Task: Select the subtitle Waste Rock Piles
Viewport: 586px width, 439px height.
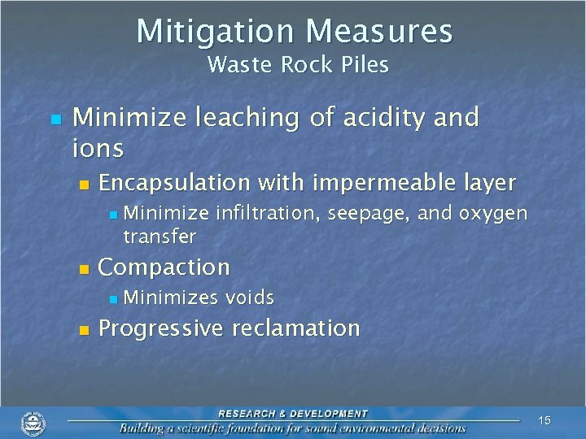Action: (x=298, y=64)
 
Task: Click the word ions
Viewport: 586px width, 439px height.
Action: (x=98, y=149)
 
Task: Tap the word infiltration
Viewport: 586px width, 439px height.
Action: (x=269, y=214)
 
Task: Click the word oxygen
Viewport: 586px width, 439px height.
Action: (x=494, y=215)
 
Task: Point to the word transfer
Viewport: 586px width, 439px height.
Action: (x=160, y=237)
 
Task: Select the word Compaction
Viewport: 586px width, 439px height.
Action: (x=164, y=267)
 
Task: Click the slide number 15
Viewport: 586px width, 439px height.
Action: (x=544, y=420)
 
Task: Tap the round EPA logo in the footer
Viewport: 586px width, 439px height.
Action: (x=33, y=424)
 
